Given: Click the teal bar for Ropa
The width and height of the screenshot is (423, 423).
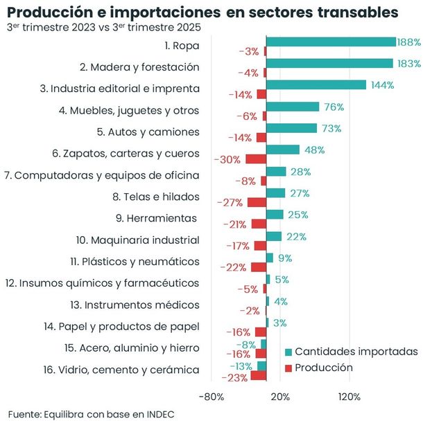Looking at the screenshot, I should tap(331, 42).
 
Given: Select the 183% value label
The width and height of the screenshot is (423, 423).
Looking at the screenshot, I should tap(409, 64).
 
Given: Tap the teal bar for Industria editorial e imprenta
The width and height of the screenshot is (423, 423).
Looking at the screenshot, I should tap(316, 85).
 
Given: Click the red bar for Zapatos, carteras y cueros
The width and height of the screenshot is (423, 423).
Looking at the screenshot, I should tap(256, 159).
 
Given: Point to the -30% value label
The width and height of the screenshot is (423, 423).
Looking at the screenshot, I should tap(227, 159).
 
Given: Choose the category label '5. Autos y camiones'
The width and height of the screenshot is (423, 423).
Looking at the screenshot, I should tap(148, 132).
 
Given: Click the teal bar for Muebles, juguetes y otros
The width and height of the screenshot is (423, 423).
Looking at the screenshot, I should tap(293, 107).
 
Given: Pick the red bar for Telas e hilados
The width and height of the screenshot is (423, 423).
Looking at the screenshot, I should tap(257, 202).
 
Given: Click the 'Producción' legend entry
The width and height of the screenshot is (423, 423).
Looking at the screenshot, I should tap(324, 368).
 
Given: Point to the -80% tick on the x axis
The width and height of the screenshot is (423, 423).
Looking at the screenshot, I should tap(211, 397).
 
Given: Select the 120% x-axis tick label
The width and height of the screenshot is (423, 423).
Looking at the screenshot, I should tap(349, 397).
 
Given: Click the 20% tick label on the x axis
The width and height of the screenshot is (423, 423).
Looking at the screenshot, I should tap(279, 397).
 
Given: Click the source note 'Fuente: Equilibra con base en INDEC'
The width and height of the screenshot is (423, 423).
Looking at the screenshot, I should tap(91, 413).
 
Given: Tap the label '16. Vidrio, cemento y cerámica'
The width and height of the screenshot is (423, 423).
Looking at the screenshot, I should tap(121, 370).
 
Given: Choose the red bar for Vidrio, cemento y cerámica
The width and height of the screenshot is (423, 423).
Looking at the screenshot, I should tap(259, 376).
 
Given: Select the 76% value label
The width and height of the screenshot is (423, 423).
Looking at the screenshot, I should tap(334, 107).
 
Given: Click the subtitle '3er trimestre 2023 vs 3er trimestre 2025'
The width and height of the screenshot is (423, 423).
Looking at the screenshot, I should tap(103, 28).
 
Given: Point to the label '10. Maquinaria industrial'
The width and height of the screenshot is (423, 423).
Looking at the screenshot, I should tap(137, 240).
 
